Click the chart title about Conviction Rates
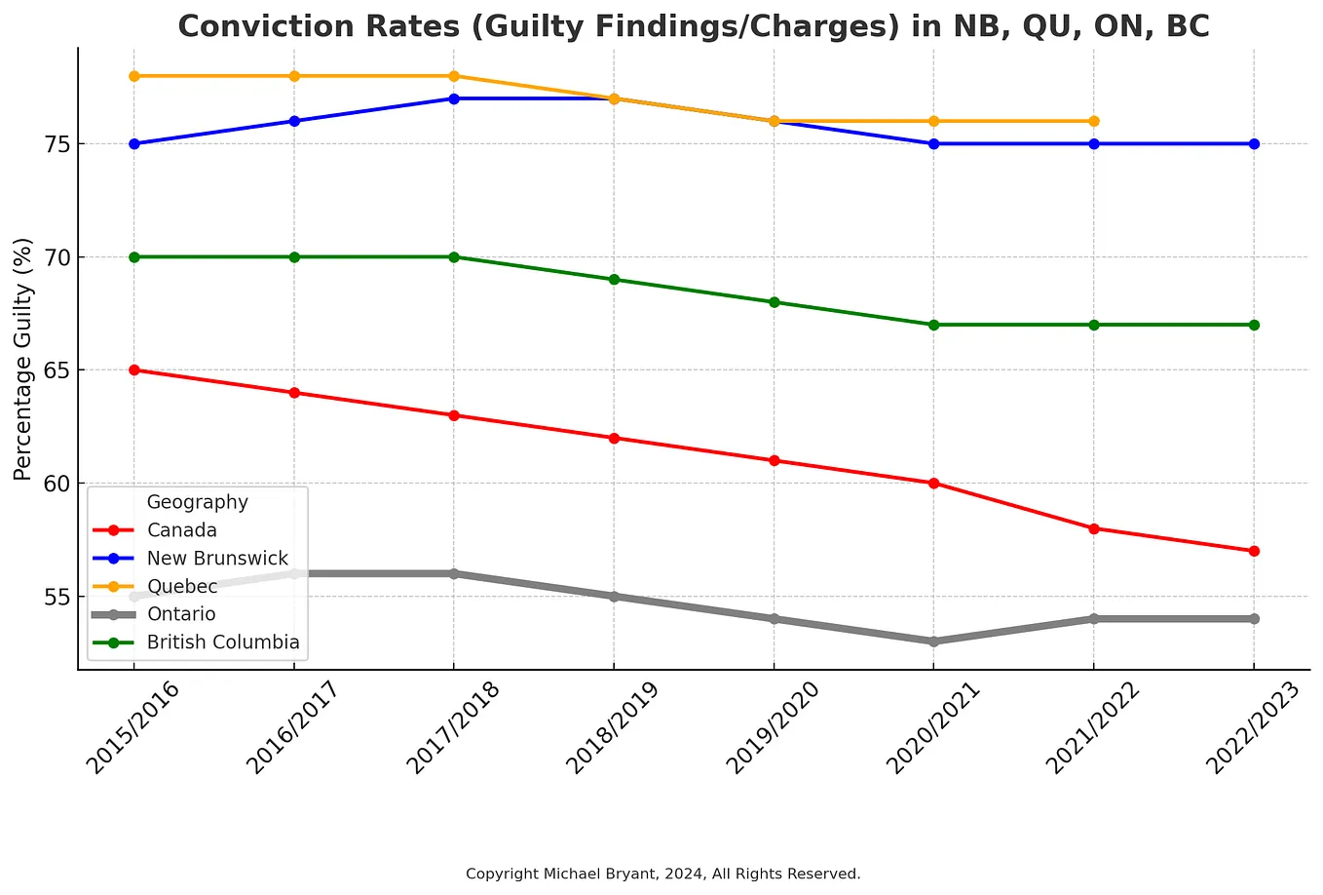(693, 26)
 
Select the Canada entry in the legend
(182, 530)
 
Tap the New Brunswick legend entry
(217, 559)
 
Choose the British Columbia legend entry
(223, 642)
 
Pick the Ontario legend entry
(181, 614)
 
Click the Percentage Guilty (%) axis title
(23, 359)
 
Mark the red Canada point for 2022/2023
(1254, 551)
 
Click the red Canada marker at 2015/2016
(134, 370)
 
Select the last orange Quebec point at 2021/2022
(1094, 121)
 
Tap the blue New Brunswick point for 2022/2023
(1254, 143)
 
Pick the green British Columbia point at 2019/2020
(775, 302)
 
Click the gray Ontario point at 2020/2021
(934, 642)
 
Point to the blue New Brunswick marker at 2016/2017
(294, 121)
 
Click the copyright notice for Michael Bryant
(662, 874)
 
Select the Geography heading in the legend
(197, 502)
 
